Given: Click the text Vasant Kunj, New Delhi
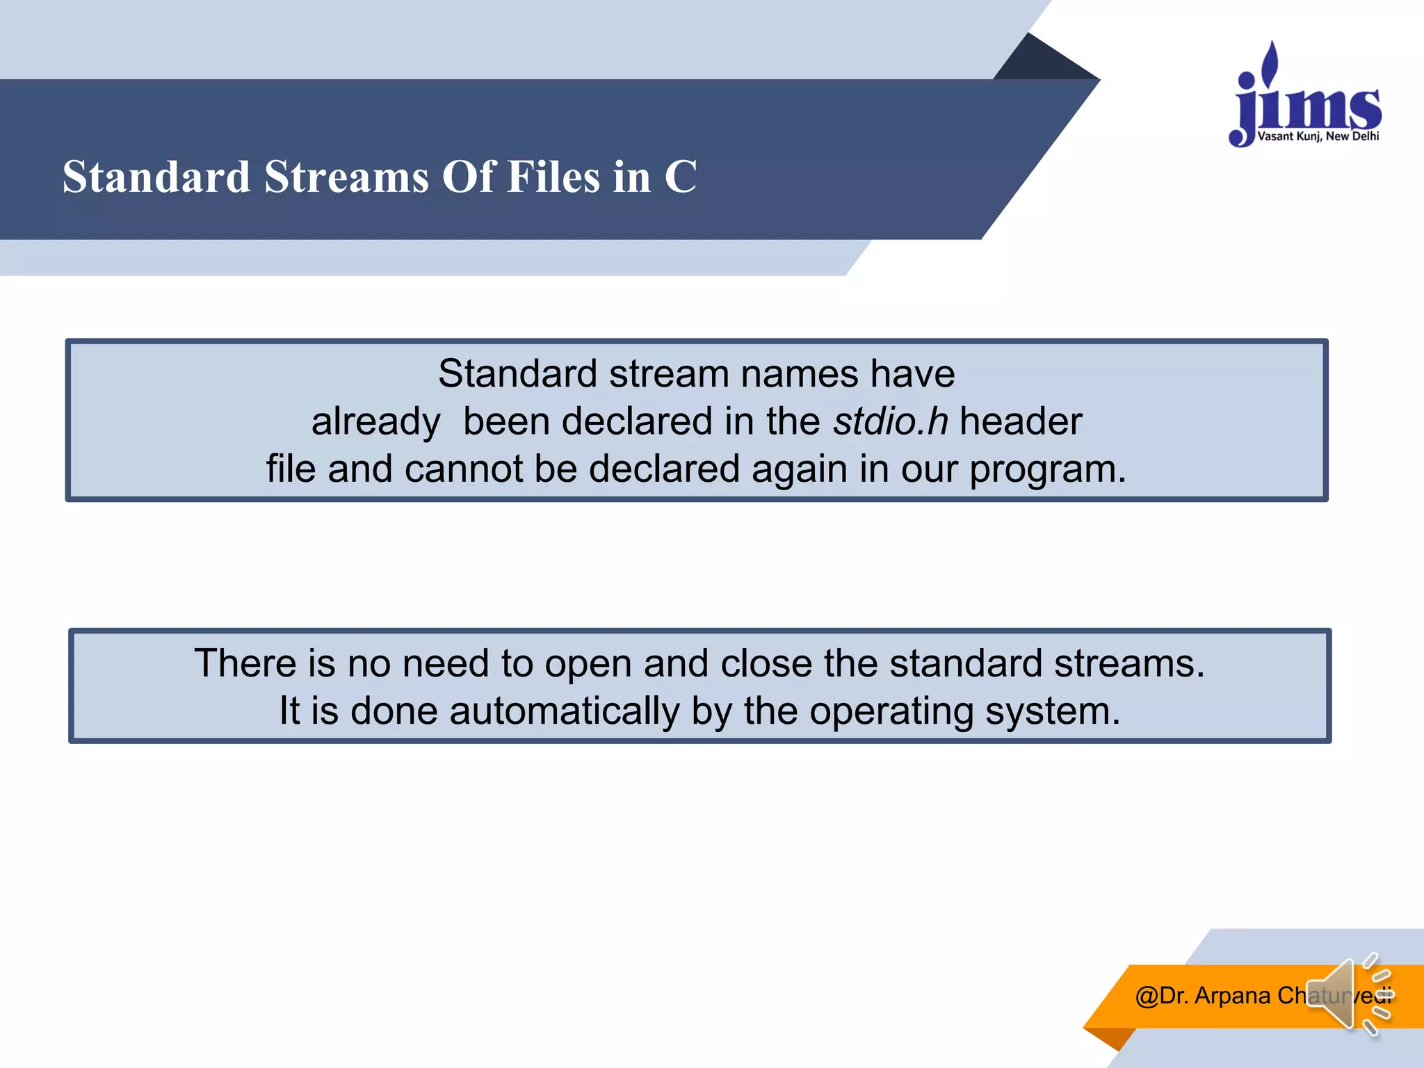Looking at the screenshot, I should (x=1318, y=136).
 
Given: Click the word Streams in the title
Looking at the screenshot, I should (x=346, y=177).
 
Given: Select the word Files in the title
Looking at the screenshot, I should (x=553, y=177).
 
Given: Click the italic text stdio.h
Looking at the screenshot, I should (x=891, y=421).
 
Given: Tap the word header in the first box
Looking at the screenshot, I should (x=1021, y=421).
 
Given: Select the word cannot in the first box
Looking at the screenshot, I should (x=463, y=469).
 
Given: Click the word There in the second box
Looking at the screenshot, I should (x=245, y=663).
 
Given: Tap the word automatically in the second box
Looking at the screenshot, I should (x=565, y=711).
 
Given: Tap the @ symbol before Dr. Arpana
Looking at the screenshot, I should (x=1147, y=996).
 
